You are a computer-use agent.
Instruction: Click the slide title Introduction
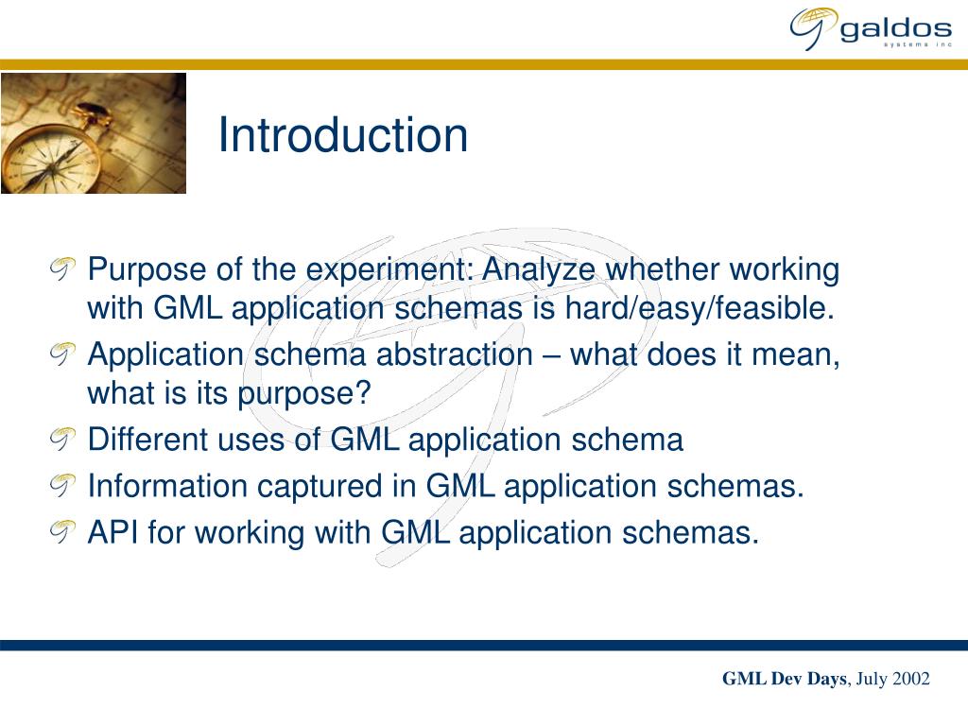click(342, 135)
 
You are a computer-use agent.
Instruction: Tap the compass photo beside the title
click(93, 133)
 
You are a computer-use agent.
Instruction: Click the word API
click(113, 533)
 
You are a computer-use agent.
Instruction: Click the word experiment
click(388, 270)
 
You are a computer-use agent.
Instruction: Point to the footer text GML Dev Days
click(785, 679)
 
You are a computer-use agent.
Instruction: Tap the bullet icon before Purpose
click(61, 270)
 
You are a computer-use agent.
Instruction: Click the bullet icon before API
click(61, 533)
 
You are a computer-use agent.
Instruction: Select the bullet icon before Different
click(61, 440)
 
